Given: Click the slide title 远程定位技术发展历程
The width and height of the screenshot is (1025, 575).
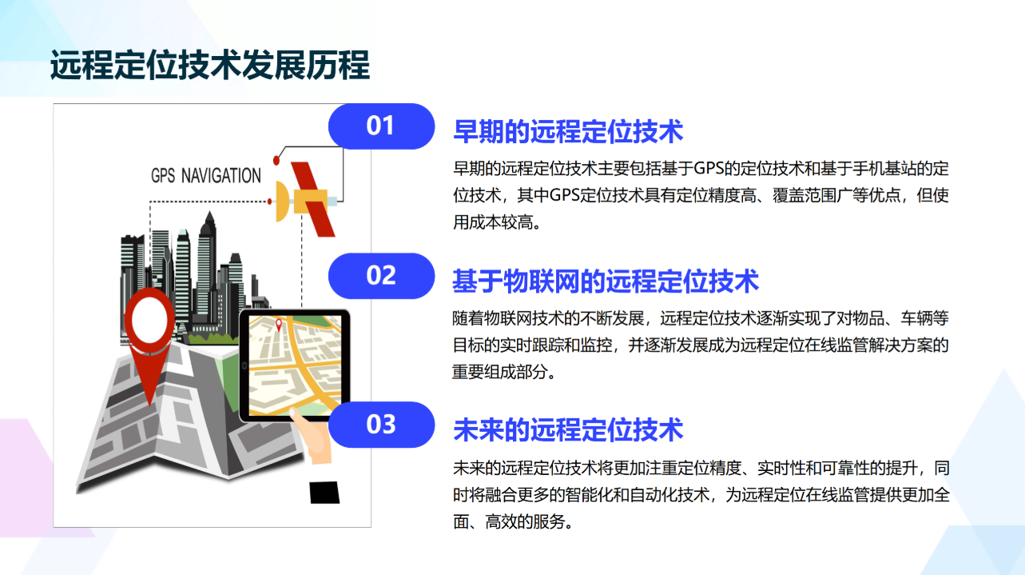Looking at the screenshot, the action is pos(209,65).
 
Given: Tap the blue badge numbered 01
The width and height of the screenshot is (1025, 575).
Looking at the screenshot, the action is pos(381,126).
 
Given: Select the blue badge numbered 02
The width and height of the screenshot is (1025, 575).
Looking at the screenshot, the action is pos(381,276).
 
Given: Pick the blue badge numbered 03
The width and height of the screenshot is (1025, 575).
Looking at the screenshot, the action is pos(381,425).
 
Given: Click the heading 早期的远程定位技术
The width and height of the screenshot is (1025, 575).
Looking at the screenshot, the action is pos(568,131).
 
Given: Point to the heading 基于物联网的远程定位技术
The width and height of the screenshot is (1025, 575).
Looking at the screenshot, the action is pos(606,281).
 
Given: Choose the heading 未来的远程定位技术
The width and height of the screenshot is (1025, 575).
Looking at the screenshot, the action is pos(568,429).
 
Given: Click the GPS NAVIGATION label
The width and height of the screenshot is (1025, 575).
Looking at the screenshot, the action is pos(206,175).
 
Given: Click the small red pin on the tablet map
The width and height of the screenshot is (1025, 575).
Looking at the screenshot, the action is pos(279,325).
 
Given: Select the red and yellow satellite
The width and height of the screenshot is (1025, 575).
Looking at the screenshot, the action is pos(306,200).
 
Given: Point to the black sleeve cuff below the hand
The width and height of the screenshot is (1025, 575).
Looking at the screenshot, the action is pos(324,493).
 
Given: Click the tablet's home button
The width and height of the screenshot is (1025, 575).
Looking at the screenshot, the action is pos(244,365).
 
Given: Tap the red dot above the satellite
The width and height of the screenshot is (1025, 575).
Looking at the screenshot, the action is pos(276,161).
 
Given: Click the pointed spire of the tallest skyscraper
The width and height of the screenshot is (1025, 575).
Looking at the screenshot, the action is pos(209,217).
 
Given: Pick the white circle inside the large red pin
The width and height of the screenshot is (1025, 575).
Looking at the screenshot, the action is pos(149,320).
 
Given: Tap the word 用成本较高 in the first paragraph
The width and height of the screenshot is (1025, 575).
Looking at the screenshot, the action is pos(493,222).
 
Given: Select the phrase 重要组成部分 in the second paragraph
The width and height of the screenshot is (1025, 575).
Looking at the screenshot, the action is pos(499,372).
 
